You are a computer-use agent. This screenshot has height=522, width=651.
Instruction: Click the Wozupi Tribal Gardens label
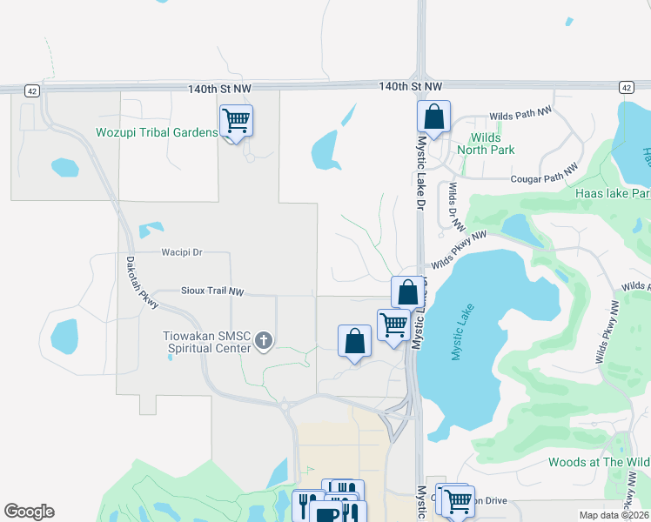157,132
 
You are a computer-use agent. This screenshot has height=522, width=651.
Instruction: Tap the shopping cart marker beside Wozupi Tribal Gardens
236,121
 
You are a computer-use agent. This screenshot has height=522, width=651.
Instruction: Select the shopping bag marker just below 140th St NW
433,117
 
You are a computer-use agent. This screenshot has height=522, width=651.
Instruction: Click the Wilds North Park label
492,144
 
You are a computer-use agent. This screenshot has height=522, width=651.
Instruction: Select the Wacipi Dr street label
182,252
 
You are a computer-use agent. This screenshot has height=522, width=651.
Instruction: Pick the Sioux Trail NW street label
212,291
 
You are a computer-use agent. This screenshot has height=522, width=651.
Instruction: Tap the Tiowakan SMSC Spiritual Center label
209,341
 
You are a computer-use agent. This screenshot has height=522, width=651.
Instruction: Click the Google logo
29,512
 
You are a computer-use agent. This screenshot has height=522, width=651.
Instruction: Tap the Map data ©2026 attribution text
614,515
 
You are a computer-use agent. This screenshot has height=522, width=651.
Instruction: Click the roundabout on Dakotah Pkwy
285,405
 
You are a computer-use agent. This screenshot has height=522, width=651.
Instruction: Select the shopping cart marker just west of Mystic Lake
393,325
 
